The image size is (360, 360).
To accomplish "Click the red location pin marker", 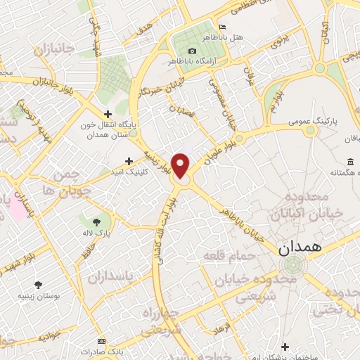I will click(x=181, y=165).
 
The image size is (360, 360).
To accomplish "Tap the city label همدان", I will click(x=299, y=247).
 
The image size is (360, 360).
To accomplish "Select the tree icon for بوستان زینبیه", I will click(x=37, y=285).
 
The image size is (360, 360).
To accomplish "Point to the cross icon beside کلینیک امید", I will click(x=128, y=161).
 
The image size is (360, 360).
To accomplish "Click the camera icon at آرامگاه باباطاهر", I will click(x=192, y=51).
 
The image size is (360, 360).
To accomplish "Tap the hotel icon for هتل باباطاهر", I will click(x=223, y=25).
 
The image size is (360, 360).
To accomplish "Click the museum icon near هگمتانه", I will click(x=349, y=162).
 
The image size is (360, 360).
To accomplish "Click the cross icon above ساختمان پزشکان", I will click(x=284, y=346).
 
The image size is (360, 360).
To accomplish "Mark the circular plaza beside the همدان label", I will click(x=291, y=266).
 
